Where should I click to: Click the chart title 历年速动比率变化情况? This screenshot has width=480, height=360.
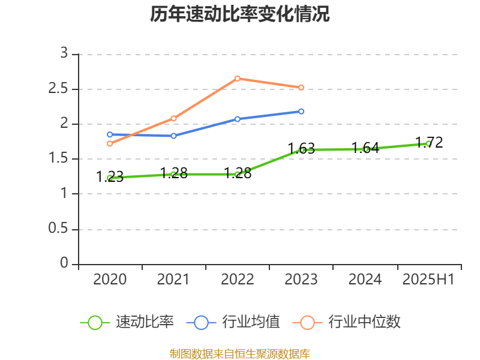coord(240,14)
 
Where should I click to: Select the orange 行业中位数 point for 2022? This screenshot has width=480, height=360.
coord(238,78)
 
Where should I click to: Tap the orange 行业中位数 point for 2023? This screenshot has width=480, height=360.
coord(301,88)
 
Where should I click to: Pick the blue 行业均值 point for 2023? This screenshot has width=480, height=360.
coord(301,111)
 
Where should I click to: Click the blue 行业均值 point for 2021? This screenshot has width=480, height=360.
coord(173,136)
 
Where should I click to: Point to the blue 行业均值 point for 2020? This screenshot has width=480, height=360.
coord(110,134)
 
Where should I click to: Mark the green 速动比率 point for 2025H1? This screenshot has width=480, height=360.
coord(428,143)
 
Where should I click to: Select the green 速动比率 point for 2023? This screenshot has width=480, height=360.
coord(301,149)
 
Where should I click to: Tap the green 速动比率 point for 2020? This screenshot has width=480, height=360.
coord(110,178)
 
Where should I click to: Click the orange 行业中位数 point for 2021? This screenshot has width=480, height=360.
coord(173,118)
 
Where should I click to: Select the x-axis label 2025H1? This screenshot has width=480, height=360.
coord(428,280)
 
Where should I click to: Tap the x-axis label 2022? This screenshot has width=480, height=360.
coord(238,280)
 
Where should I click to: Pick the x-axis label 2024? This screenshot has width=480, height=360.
coord(365,280)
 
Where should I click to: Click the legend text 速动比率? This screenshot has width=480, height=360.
coord(145,322)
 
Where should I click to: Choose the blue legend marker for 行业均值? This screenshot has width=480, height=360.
coord(201,322)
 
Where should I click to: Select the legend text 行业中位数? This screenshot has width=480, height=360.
coord(364,322)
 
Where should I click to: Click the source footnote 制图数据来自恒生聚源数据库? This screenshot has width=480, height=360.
coord(240,353)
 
